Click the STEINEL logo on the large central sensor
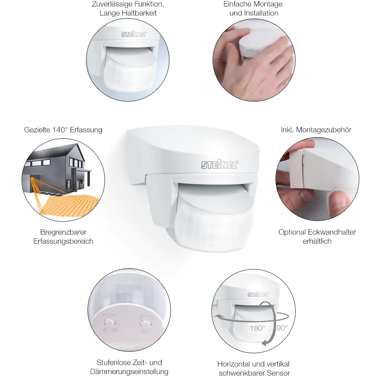point(220,164)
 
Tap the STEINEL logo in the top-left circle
point(134,34)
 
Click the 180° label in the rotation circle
point(257,328)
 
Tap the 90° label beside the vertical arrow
point(282,328)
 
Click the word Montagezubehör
point(324,130)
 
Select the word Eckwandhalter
point(332,232)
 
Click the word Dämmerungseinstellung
point(129,371)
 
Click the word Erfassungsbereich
point(63,241)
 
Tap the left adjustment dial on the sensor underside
point(106,322)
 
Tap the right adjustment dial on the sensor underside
point(145,323)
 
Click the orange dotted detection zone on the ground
point(70,205)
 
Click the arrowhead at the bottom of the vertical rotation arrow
point(265,343)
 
